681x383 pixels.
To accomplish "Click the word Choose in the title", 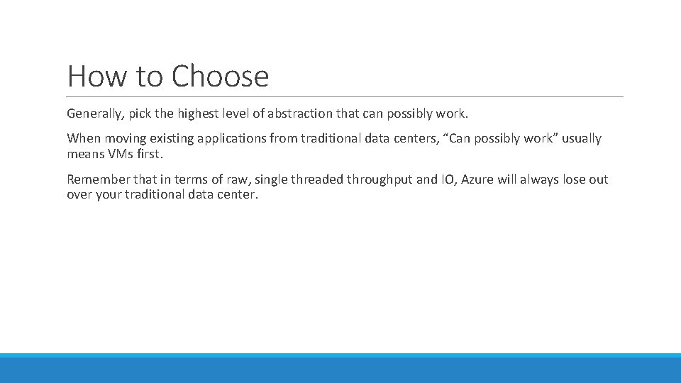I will [x=220, y=77].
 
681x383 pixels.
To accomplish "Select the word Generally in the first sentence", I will [x=94, y=113].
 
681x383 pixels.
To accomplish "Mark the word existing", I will [x=160, y=138].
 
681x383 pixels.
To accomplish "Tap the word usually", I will [x=581, y=138].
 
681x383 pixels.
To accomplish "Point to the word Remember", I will [x=96, y=179].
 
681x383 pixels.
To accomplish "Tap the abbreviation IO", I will [x=448, y=179].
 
